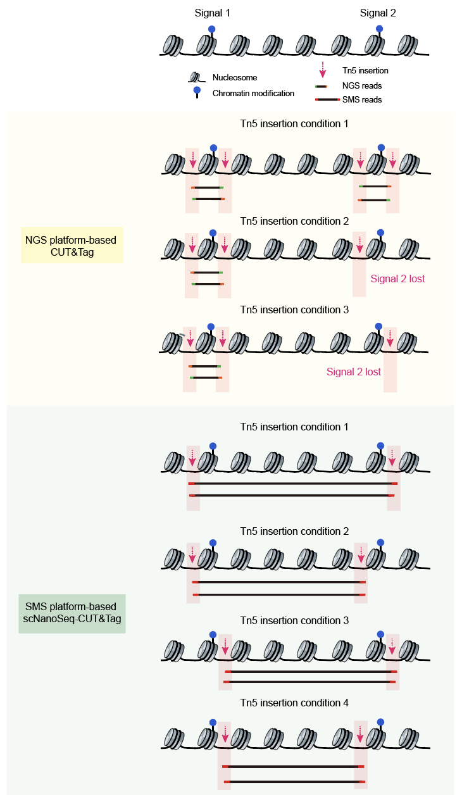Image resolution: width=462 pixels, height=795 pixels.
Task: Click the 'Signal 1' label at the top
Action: tap(212, 13)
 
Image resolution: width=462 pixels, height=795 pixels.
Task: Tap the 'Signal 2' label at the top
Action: tap(378, 13)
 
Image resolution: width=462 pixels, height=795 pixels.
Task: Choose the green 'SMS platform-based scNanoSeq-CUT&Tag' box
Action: tap(72, 613)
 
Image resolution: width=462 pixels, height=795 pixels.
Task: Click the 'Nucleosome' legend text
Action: tap(235, 78)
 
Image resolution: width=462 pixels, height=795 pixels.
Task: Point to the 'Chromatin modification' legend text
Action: tap(253, 94)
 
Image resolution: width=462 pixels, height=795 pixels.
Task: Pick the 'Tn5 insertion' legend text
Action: tap(365, 71)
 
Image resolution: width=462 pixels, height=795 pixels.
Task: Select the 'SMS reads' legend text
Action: tap(361, 99)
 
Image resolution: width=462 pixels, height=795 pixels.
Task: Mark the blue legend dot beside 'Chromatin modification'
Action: tap(197, 91)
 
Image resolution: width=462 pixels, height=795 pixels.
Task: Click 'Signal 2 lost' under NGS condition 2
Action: tap(398, 279)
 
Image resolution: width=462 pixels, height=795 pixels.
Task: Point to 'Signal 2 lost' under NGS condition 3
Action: tap(354, 372)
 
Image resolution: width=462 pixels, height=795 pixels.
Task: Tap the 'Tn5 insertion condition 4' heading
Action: tap(294, 703)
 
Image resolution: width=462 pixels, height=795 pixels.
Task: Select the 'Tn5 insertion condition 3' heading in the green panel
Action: tap(294, 621)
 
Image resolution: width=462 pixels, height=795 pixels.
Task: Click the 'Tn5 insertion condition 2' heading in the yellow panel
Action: tap(294, 222)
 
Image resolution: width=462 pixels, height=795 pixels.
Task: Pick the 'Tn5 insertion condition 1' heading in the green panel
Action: tap(294, 427)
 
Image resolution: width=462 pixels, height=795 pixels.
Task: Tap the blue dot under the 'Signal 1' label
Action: tap(212, 29)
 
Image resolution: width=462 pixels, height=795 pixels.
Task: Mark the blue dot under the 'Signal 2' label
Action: tap(379, 28)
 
